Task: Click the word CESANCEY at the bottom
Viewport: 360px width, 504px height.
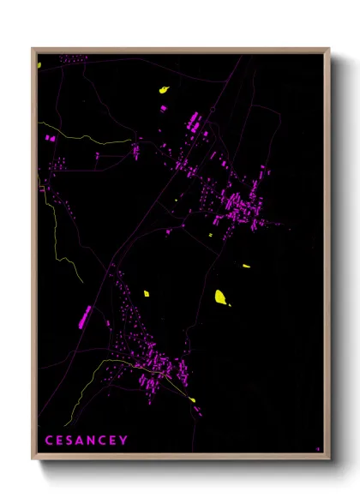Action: (86, 441)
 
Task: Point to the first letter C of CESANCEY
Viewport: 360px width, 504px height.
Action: (49, 441)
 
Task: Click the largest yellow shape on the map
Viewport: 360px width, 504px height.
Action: (220, 297)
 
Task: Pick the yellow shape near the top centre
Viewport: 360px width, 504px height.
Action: (163, 89)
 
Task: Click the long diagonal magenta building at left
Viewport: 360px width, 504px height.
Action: (85, 316)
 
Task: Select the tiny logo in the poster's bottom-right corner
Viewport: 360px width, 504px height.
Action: (318, 447)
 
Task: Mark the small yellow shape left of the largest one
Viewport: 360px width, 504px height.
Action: (147, 293)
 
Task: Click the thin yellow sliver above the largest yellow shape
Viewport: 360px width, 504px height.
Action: (246, 267)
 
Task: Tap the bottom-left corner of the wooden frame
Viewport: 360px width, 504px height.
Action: (33, 458)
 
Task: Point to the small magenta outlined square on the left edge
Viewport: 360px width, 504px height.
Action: (40, 188)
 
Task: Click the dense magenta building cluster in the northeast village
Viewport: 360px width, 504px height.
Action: (240, 206)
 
